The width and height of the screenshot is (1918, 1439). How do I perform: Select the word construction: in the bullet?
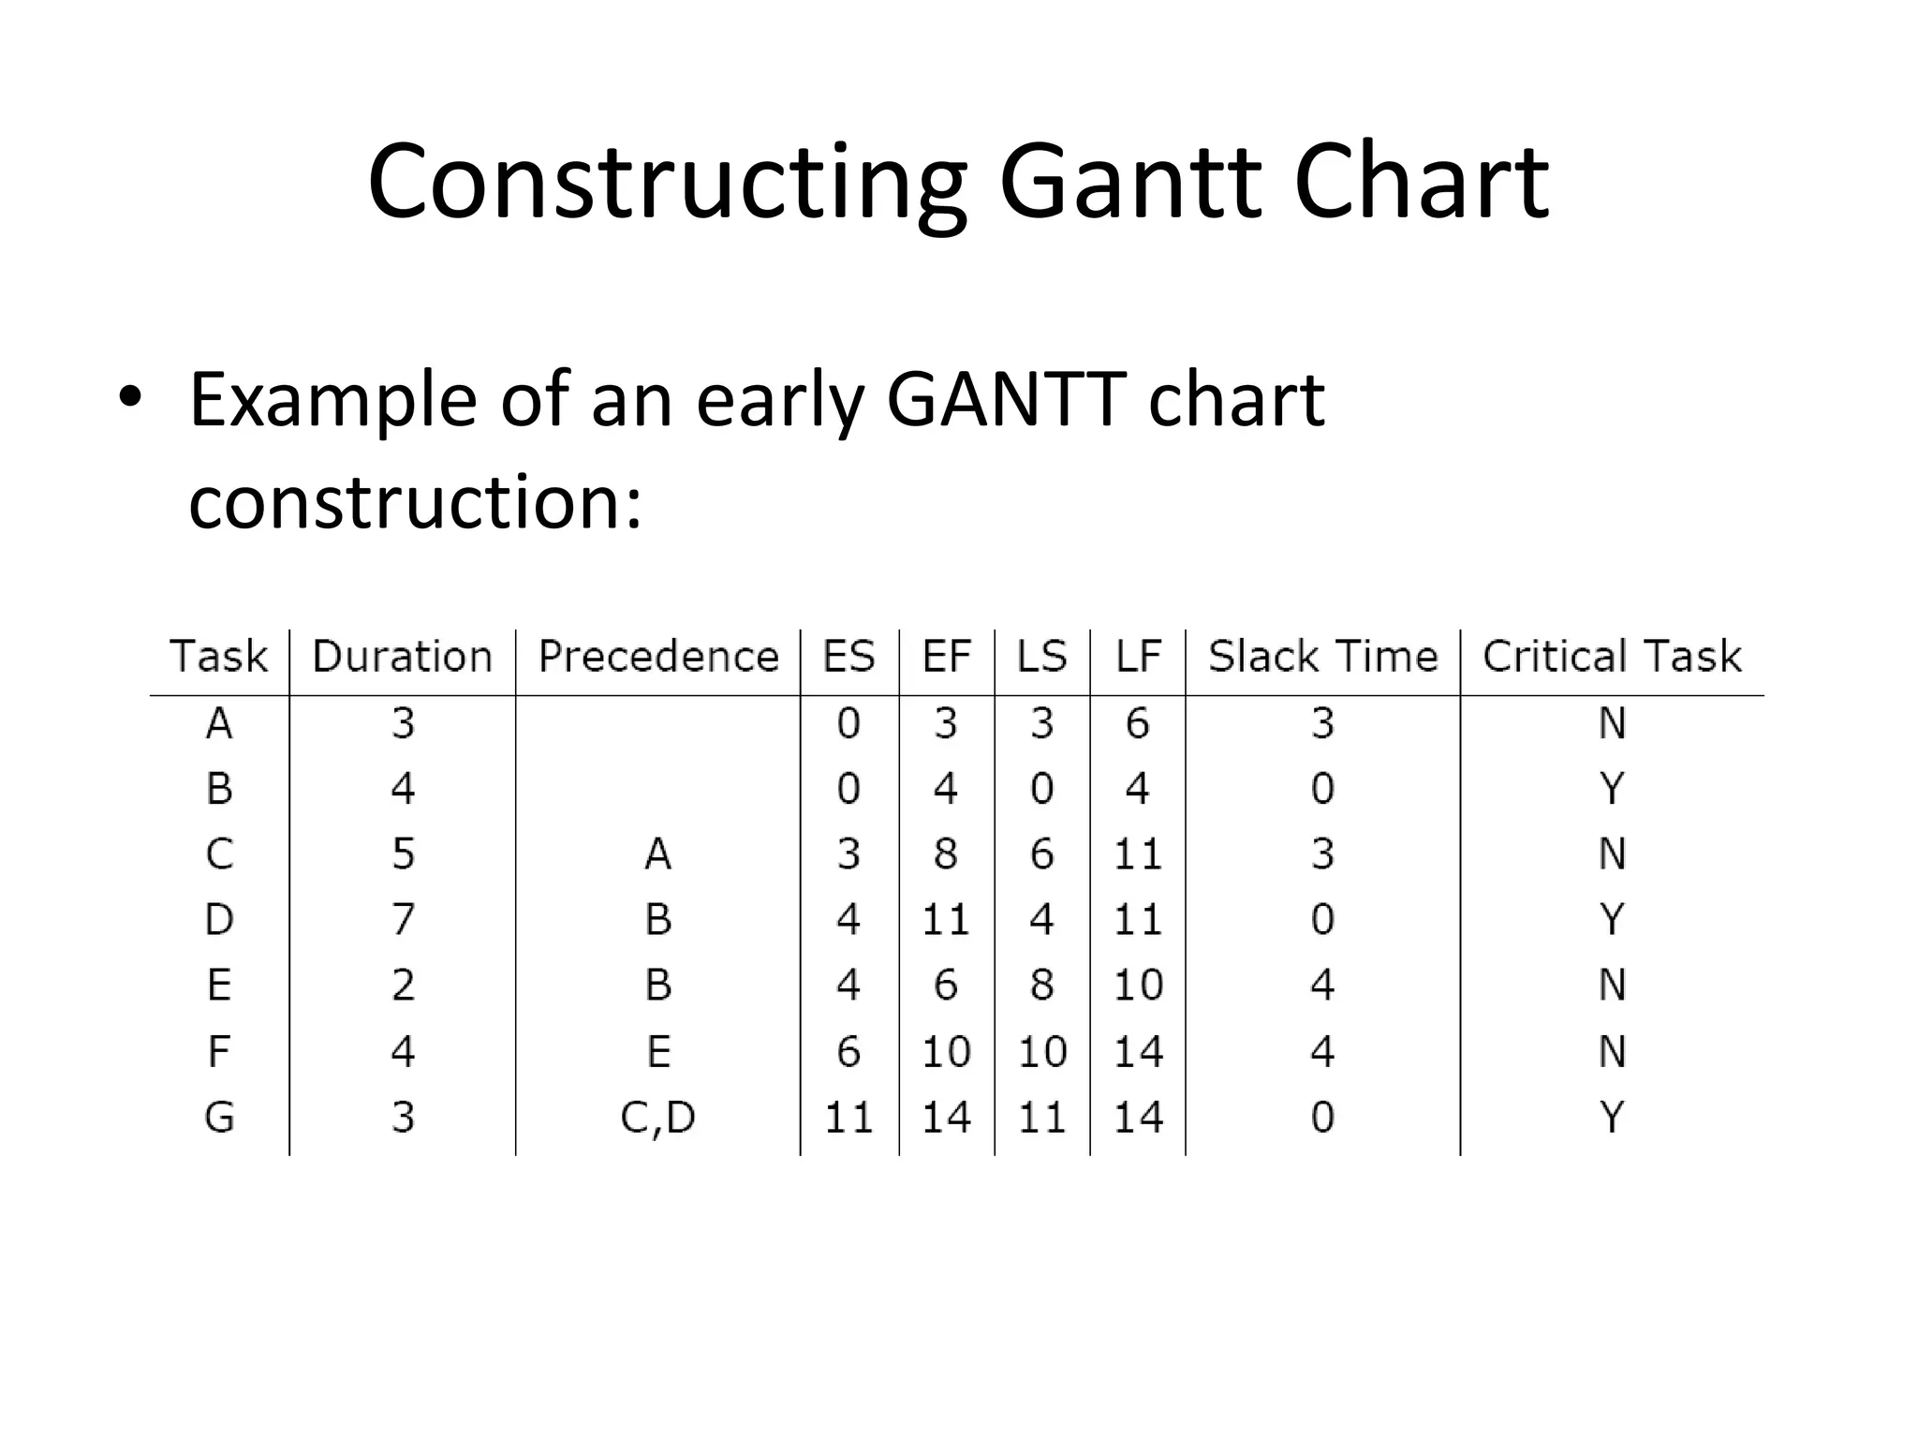[x=415, y=501]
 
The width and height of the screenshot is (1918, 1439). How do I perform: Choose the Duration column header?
[x=402, y=657]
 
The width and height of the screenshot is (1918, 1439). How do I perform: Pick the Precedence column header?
[x=658, y=657]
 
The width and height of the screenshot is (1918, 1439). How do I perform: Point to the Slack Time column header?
[x=1322, y=657]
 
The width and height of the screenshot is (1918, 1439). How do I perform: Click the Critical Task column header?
[x=1612, y=657]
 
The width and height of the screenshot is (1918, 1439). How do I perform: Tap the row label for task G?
[x=219, y=1117]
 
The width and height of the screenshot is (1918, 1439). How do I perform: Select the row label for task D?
[x=219, y=920]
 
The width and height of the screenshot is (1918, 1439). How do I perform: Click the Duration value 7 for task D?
[x=403, y=920]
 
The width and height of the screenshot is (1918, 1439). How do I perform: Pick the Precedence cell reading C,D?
[x=658, y=1118]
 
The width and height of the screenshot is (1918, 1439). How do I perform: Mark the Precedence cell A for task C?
[x=658, y=854]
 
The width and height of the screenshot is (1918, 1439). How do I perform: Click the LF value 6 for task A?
[x=1138, y=724]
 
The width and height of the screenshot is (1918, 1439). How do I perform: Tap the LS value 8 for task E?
[x=1042, y=986]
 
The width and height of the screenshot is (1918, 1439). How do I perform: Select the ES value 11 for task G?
[x=848, y=1118]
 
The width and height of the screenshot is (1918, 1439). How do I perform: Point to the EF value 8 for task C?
[x=946, y=854]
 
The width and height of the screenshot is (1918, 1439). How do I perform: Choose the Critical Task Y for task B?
[x=1612, y=789]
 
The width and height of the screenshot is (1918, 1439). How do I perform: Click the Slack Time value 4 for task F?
[x=1322, y=1052]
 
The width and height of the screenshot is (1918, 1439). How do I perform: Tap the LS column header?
[x=1042, y=657]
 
